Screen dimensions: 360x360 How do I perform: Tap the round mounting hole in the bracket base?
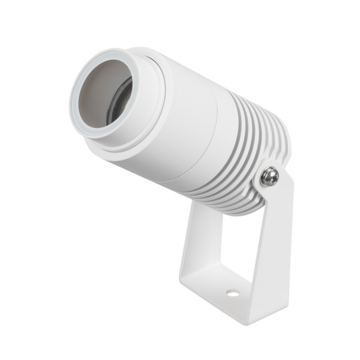click(232, 293)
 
